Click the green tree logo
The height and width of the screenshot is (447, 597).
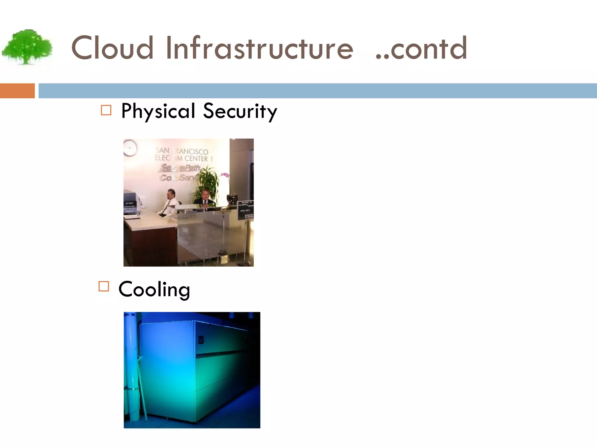(x=27, y=47)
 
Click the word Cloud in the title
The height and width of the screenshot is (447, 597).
(x=112, y=48)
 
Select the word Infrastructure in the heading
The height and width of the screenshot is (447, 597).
(x=259, y=48)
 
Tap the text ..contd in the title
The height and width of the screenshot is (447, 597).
(x=422, y=48)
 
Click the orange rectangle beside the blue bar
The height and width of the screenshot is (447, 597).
(x=17, y=91)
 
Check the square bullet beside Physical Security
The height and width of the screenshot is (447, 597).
(x=106, y=110)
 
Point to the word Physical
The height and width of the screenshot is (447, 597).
(x=158, y=111)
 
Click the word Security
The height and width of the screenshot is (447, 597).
(x=240, y=111)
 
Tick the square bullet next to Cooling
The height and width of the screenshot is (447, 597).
(x=104, y=286)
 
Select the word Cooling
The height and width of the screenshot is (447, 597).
(x=154, y=289)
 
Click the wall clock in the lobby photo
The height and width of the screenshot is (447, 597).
(x=130, y=148)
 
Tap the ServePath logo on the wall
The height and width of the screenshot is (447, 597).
(x=180, y=168)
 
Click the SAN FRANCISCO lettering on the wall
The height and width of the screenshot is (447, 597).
(x=182, y=151)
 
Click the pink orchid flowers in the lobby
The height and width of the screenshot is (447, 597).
(x=225, y=175)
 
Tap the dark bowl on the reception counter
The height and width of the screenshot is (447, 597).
(x=232, y=199)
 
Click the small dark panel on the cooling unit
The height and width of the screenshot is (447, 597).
(x=201, y=339)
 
